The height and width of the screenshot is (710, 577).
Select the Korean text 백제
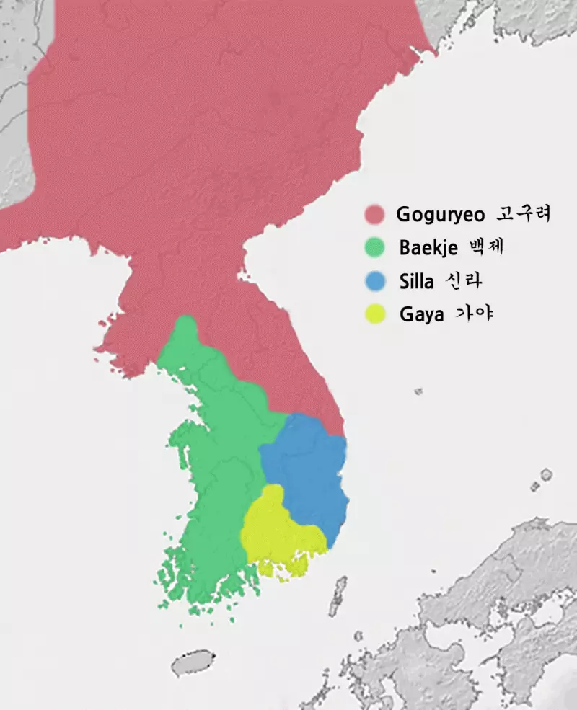coord(485,247)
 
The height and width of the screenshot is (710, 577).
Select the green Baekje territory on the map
coord(216,469)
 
